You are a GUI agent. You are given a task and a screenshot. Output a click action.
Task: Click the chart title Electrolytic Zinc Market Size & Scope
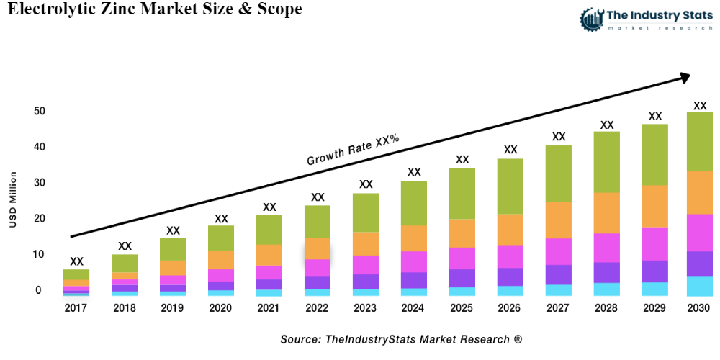click(154, 10)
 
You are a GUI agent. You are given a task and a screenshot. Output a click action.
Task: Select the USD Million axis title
click(12, 199)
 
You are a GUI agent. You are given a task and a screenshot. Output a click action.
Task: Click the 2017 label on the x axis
click(76, 308)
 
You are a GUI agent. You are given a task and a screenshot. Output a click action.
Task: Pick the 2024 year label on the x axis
click(413, 308)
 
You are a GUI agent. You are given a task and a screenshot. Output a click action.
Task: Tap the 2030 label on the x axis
click(699, 308)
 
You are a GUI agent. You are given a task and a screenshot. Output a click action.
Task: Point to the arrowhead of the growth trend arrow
click(684, 76)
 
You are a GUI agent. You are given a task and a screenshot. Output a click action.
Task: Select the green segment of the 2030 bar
click(699, 141)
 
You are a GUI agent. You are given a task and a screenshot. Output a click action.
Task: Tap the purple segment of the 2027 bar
click(558, 274)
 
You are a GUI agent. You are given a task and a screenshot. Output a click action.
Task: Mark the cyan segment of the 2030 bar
click(699, 286)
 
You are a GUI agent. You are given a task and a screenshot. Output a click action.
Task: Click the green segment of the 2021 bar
click(269, 230)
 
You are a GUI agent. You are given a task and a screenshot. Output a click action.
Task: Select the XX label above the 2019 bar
click(173, 230)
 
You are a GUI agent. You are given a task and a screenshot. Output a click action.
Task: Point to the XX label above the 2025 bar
click(462, 160)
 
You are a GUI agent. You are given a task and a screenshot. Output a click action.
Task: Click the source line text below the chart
click(400, 338)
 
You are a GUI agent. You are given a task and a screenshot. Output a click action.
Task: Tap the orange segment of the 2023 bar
click(365, 243)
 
